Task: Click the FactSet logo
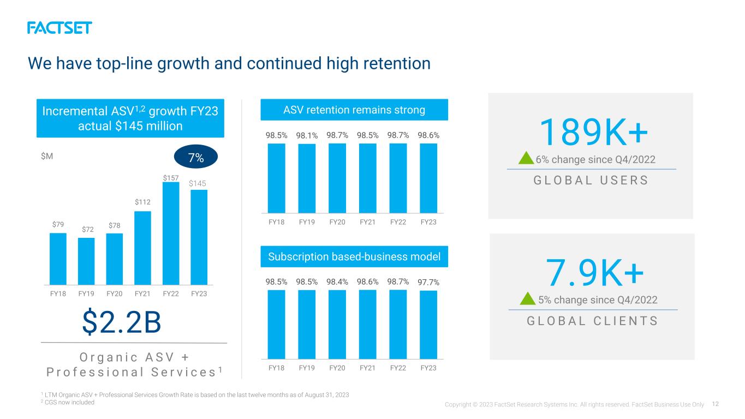click(x=59, y=28)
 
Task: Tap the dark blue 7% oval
click(x=196, y=157)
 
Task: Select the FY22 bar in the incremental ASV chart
click(x=171, y=234)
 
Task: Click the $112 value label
click(x=142, y=202)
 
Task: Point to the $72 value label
click(x=88, y=229)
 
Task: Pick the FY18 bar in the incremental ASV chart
click(x=58, y=259)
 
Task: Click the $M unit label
click(x=47, y=156)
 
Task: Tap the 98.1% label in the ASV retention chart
click(x=307, y=135)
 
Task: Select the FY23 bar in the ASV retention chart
click(x=428, y=178)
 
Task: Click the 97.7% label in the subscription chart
click(x=428, y=282)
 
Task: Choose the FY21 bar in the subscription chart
click(x=367, y=325)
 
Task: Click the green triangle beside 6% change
click(x=526, y=158)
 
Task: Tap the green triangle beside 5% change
click(x=527, y=298)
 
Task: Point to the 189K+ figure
click(x=594, y=133)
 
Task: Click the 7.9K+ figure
click(x=594, y=273)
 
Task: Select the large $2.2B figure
click(x=122, y=321)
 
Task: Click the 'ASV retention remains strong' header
click(x=354, y=110)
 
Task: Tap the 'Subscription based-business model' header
click(x=354, y=256)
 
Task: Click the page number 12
click(x=716, y=404)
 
